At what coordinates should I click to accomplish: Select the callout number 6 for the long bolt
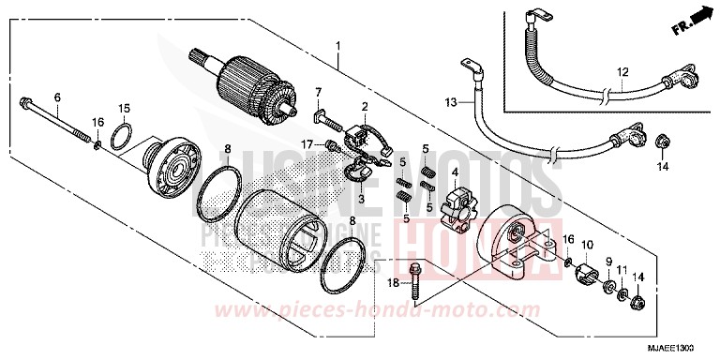coord(57,98)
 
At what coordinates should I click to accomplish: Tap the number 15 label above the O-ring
coord(124,108)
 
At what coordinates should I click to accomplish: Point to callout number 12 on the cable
coord(621,72)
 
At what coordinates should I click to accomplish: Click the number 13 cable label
coord(450,100)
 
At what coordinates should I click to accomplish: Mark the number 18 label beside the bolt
coord(392,282)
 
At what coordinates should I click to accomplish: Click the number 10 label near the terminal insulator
coord(587,244)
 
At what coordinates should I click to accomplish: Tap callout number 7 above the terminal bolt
coord(318,91)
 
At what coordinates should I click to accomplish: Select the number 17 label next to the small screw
coord(306,143)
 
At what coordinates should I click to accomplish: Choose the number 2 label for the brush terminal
coord(365,108)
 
